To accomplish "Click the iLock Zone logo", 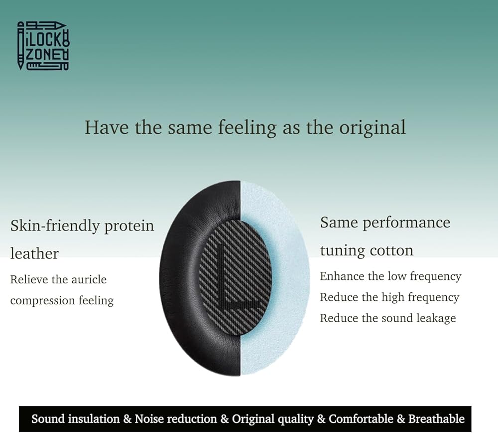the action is point(43,46).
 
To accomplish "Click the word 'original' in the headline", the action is point(372,128).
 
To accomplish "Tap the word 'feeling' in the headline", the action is point(247,128).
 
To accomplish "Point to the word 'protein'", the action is point(129,226).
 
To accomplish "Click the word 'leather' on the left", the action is point(34,253).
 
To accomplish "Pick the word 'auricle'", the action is point(89,279).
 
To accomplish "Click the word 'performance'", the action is point(406,223).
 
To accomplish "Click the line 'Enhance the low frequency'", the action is point(390,277).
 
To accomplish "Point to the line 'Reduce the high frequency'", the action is point(389,298).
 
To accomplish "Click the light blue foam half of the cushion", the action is point(286,277).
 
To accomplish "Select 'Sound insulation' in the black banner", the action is point(76,419).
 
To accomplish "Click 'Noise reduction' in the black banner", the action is point(176,419).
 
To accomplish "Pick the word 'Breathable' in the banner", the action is point(436,419).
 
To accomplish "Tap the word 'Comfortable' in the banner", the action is point(361,419).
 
